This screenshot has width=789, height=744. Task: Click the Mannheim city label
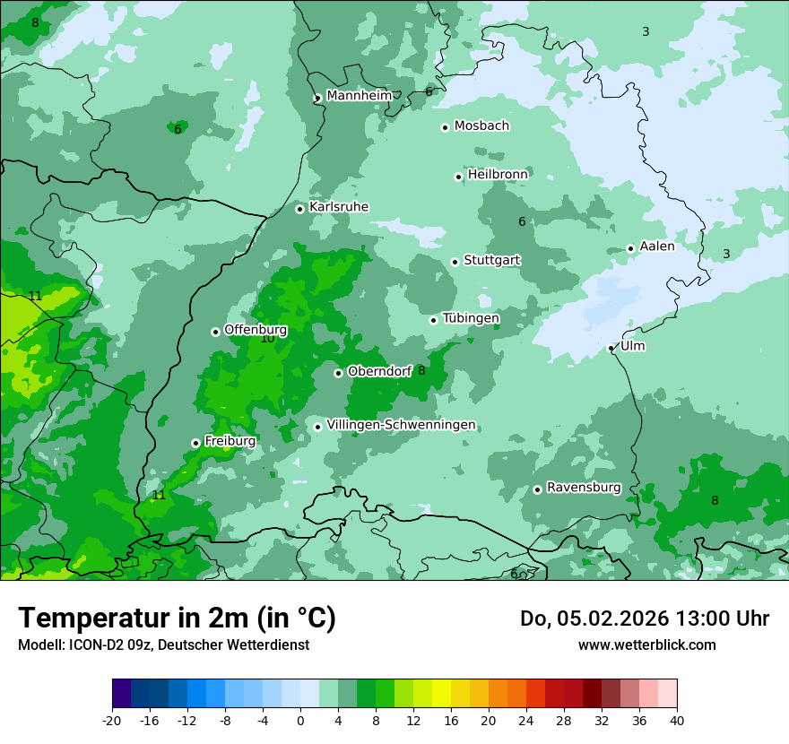click(359, 95)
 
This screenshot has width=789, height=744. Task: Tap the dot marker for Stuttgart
click(455, 262)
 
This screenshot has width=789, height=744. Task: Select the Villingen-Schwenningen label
click(401, 424)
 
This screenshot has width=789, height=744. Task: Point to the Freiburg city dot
click(195, 443)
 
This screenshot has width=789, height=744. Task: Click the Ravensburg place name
click(583, 488)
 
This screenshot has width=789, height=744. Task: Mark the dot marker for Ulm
click(611, 348)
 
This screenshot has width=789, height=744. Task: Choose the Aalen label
click(656, 246)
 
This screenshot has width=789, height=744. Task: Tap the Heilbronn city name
click(497, 174)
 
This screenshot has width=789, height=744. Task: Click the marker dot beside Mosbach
click(445, 127)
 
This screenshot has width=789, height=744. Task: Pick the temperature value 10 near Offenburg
click(267, 339)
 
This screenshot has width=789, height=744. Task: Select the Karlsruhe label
click(338, 207)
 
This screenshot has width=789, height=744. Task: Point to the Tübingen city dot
click(433, 320)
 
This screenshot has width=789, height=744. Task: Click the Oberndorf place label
click(379, 371)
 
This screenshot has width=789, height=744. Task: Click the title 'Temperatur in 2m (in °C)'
click(177, 618)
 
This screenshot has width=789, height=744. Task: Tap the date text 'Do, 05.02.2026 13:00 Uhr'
click(644, 619)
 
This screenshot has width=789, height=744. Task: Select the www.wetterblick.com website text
click(646, 645)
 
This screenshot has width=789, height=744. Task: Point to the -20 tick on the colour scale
click(112, 720)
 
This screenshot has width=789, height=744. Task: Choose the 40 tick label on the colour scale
click(676, 720)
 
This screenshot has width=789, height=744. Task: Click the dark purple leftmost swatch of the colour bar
click(121, 694)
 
